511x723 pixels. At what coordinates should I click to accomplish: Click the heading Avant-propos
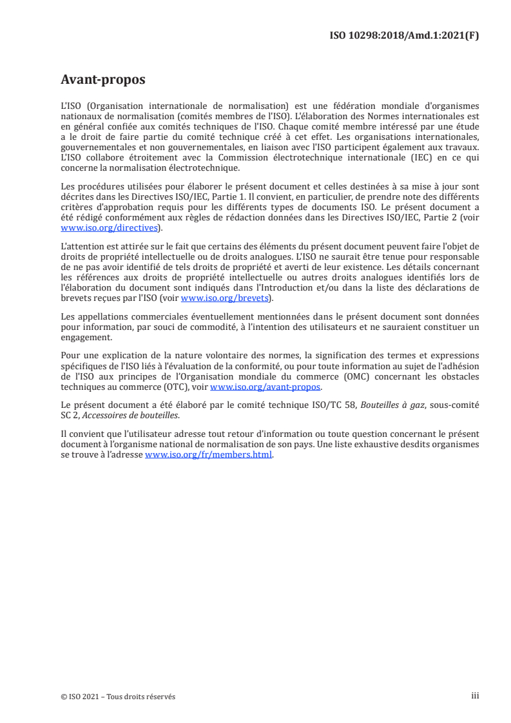coord(102,80)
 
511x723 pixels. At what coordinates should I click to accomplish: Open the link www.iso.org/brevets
coord(226,298)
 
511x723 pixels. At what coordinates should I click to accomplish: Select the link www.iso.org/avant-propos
coord(265,387)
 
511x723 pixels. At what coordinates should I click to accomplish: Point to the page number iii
coord(475,697)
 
